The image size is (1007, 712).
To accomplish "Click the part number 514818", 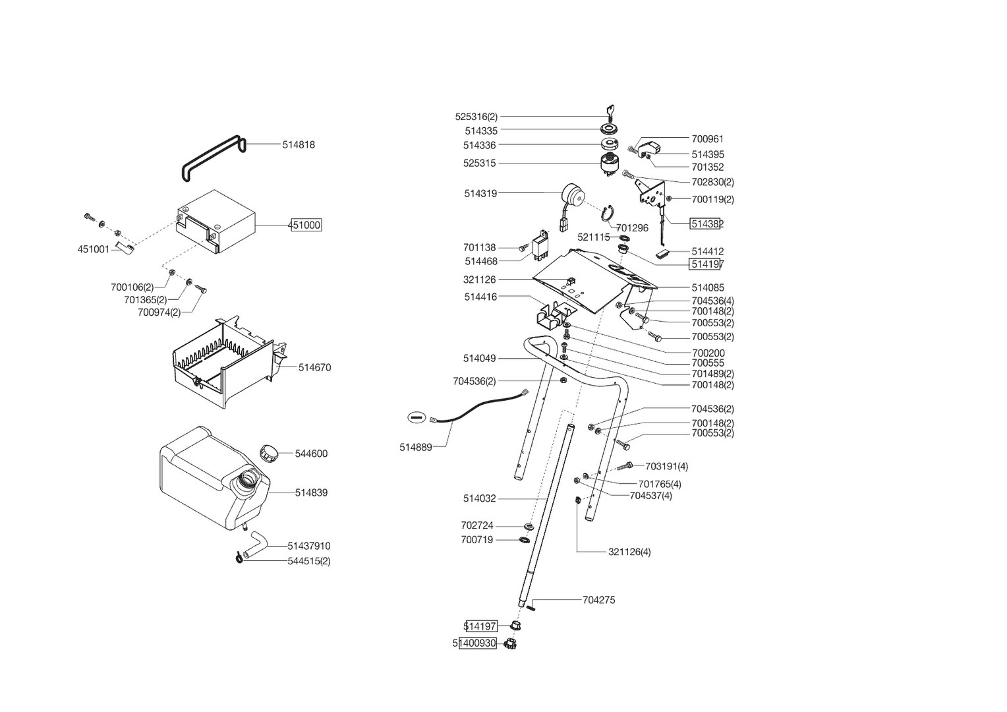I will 299,145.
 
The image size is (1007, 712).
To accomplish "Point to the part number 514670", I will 314,368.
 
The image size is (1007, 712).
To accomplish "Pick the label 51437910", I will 309,547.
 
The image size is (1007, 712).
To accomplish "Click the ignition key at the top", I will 610,111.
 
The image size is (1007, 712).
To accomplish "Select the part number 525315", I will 479,163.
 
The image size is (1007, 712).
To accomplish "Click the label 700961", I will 707,139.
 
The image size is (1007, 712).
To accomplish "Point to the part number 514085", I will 708,288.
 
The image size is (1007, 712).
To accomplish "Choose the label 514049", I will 479,359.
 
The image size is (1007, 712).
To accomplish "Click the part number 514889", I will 416,448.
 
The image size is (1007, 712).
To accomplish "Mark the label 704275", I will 599,601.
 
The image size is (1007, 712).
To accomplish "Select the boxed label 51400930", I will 477,643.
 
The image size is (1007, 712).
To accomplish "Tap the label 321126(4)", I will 629,552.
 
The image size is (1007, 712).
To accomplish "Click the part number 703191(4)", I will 666,467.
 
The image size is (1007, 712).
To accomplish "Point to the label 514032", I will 479,499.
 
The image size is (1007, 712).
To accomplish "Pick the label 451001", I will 94,250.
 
